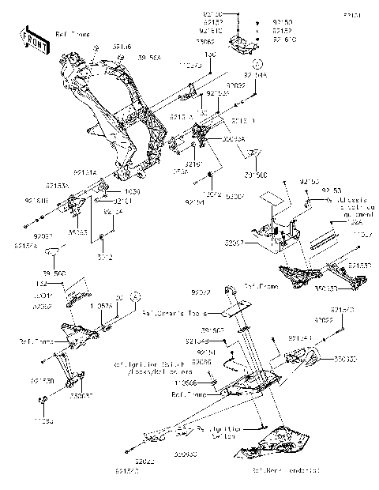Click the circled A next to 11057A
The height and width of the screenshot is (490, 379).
[136, 296]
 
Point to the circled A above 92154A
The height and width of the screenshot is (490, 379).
[257, 62]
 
